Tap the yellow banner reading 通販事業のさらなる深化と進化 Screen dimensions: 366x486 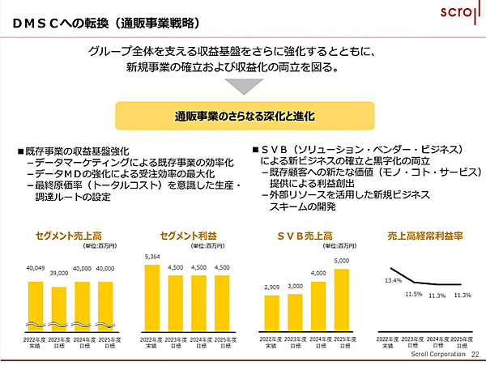tap(244, 117)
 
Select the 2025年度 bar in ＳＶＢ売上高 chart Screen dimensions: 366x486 tap(341, 300)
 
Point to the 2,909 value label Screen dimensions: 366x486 tap(271, 288)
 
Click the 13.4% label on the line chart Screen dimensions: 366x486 tap(393, 280)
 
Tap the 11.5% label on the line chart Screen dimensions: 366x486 tap(413, 295)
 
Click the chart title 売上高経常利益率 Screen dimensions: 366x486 tap(425, 236)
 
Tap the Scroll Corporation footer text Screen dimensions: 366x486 tap(438, 355)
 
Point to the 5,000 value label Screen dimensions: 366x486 tap(341, 261)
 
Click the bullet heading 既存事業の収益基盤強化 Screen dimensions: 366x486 tap(78, 151)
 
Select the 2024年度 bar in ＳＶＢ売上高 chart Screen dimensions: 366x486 tap(318, 307)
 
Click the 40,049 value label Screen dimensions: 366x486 tap(35, 268)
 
